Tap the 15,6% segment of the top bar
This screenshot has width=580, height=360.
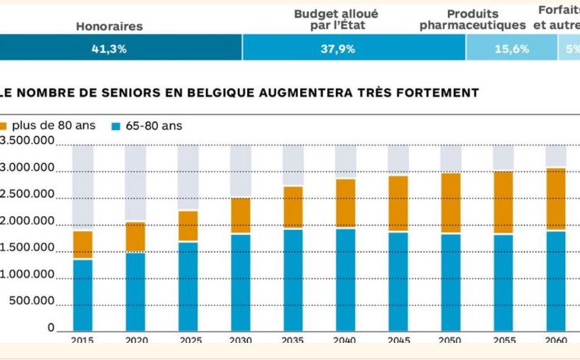pyautogui.click(x=511, y=48)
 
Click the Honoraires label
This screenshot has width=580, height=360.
pyautogui.click(x=109, y=26)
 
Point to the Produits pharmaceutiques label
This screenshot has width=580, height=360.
pyautogui.click(x=473, y=19)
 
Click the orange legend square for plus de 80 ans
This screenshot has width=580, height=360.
pyautogui.click(x=3, y=126)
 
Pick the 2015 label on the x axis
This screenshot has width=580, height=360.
pyautogui.click(x=82, y=341)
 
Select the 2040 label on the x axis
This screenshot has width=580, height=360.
pyautogui.click(x=345, y=341)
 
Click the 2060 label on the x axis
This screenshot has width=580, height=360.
pyautogui.click(x=555, y=341)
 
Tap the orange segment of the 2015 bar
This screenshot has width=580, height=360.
pyautogui.click(x=82, y=245)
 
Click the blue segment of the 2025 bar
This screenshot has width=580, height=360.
pyautogui.click(x=187, y=286)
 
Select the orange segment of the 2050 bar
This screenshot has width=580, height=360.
pyautogui.click(x=450, y=203)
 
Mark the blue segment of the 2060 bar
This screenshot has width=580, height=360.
pyautogui.click(x=555, y=281)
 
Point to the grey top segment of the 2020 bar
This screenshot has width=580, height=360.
pyautogui.click(x=135, y=183)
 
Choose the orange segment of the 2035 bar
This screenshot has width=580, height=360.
pyautogui.click(x=292, y=207)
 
